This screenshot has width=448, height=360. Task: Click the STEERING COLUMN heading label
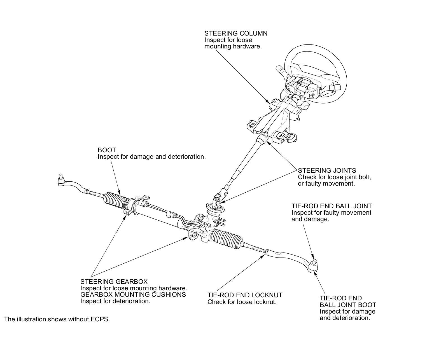click(x=236, y=33)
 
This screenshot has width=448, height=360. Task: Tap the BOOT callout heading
click(x=107, y=150)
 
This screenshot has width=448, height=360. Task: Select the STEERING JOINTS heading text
click(x=327, y=170)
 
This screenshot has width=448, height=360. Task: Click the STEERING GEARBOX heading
click(x=114, y=282)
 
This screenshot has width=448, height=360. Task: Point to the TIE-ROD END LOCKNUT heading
click(x=245, y=295)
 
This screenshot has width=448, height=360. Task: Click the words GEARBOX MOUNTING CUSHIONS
click(x=133, y=294)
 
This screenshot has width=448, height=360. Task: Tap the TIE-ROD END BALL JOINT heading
click(x=332, y=206)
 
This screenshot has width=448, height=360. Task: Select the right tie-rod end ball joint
click(x=314, y=267)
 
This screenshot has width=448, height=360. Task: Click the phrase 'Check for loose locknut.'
click(x=242, y=302)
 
